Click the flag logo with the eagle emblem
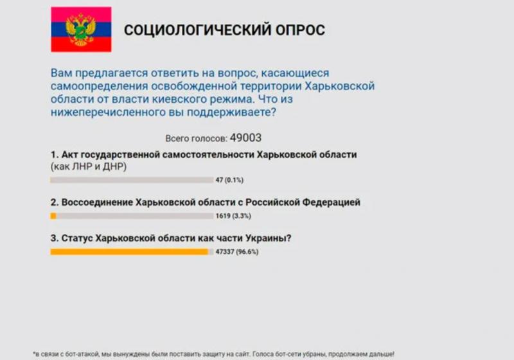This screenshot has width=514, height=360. (x=81, y=30)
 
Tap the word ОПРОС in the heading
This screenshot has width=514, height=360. (x=300, y=30)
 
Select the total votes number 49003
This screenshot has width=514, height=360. (x=246, y=138)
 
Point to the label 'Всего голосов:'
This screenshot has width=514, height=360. (x=196, y=139)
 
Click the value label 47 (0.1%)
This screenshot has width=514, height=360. (x=229, y=180)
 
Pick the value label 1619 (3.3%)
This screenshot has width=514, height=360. (x=233, y=216)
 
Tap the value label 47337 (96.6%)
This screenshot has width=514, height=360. (x=237, y=252)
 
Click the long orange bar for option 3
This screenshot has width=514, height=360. (x=129, y=252)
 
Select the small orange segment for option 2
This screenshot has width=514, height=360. (x=53, y=216)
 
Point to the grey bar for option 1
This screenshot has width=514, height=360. (x=132, y=180)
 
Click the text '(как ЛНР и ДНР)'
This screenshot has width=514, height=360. (x=89, y=166)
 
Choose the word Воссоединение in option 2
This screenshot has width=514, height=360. (x=97, y=203)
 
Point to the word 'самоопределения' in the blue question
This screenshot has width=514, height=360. (x=100, y=86)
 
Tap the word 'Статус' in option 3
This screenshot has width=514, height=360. (x=77, y=238)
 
